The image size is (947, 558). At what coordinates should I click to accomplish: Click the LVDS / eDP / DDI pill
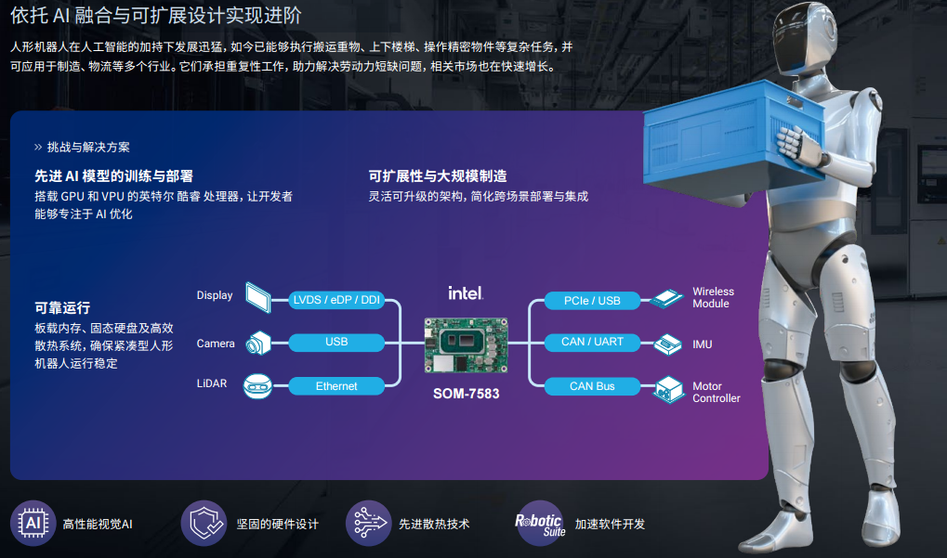coord(336,300)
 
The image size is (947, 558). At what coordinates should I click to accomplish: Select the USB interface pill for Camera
coord(336,342)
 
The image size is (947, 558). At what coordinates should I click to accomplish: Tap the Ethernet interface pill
coord(336,386)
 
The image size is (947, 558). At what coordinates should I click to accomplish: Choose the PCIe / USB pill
coord(592,301)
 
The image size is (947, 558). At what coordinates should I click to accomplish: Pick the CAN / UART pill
coord(592,342)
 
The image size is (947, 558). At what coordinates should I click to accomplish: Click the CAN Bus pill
coord(592,386)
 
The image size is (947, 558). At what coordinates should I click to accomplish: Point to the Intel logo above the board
coord(466,293)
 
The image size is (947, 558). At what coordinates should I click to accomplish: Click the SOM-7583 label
coord(467,394)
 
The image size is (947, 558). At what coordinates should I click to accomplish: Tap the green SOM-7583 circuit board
coord(467,345)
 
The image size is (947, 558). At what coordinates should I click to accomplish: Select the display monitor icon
coord(257,297)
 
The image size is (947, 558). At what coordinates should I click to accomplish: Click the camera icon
coord(257,343)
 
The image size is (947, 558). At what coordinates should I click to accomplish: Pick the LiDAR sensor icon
coord(257,386)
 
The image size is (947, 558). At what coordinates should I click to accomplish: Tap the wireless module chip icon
coord(666,299)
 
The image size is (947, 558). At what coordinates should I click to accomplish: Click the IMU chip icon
coord(668,344)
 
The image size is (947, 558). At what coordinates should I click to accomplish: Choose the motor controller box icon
coord(668,390)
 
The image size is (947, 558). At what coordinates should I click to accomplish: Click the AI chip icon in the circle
coord(33,523)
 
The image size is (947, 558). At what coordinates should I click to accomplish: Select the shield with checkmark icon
coord(204,523)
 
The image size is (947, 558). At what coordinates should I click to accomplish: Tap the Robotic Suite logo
coord(540,523)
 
